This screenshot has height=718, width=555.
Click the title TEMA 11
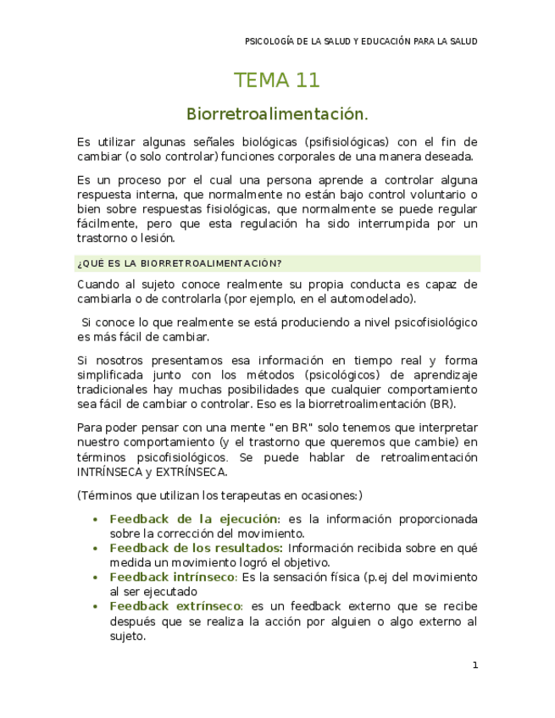click(x=277, y=80)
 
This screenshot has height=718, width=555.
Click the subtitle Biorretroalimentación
click(x=277, y=113)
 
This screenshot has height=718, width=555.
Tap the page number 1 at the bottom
click(x=475, y=666)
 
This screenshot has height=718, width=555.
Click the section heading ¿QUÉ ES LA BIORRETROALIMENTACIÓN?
click(x=179, y=262)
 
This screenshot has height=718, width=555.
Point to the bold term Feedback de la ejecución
click(x=194, y=518)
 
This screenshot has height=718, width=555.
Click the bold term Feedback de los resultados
click(x=196, y=548)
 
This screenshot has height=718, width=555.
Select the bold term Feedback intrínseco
click(x=173, y=577)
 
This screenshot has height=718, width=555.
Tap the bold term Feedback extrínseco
click(x=175, y=606)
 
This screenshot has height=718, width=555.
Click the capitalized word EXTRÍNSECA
click(x=192, y=472)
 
